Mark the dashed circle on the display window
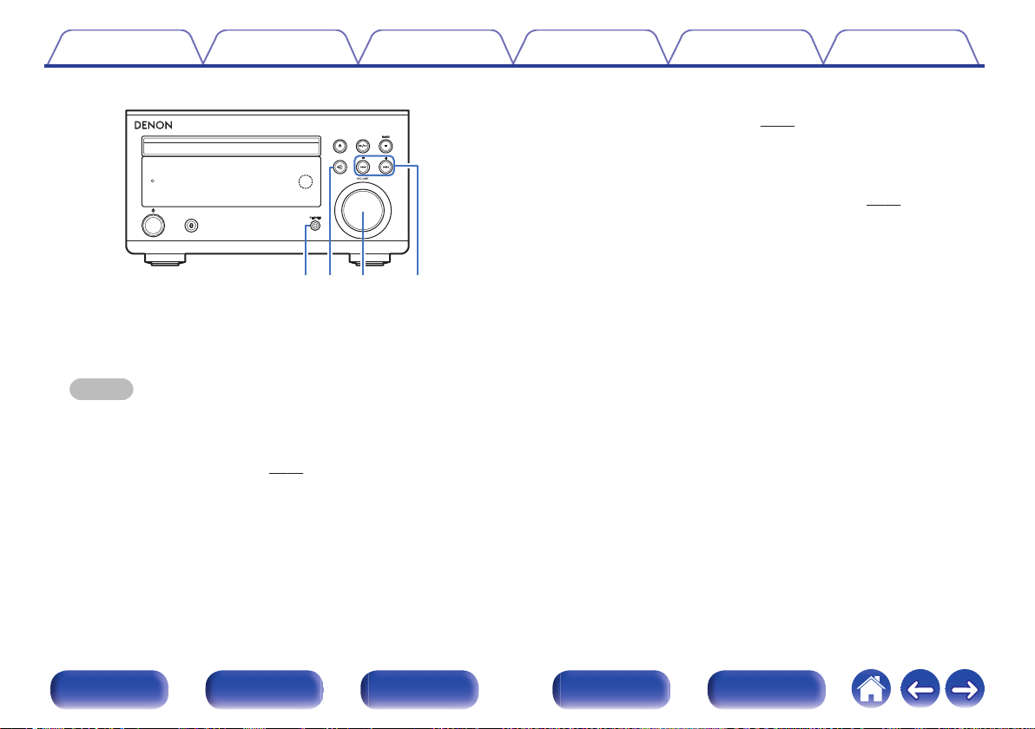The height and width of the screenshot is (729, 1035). [x=302, y=181]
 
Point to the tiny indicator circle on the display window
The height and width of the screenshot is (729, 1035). [x=153, y=181]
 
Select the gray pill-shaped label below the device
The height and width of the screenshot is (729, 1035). [x=102, y=388]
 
